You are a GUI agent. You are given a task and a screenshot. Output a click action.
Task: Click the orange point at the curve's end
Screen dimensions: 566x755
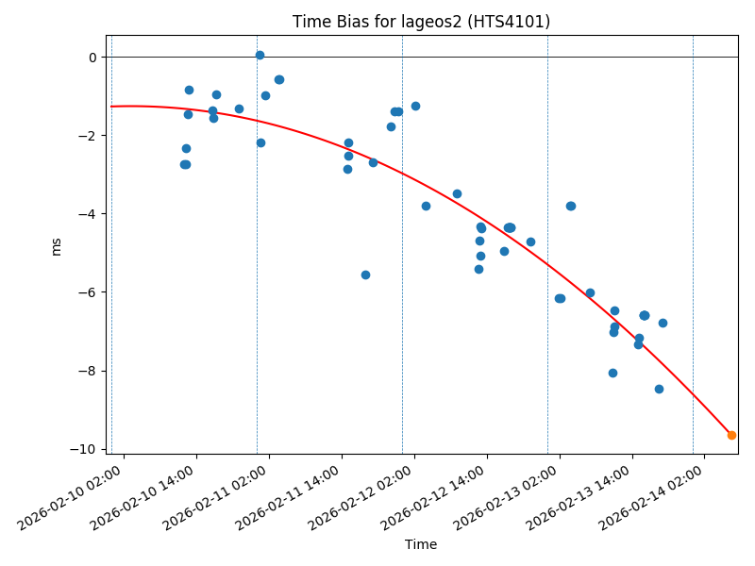pos(731,435)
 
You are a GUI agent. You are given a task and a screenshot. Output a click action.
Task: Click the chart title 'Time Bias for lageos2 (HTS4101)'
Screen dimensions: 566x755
pos(421,22)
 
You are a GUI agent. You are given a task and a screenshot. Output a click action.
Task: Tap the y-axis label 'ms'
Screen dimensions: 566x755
pos(56,245)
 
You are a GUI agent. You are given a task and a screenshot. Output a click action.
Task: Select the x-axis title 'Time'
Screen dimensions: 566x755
pos(421,544)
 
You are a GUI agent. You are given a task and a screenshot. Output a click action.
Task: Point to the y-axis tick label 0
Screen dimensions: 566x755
pos(92,58)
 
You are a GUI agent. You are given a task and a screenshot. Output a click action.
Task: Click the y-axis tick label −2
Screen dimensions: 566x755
pos(89,136)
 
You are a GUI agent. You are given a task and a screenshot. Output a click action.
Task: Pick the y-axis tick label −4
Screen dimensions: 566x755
pos(89,214)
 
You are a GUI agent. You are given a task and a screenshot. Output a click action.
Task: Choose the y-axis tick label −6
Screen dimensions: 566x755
pos(89,292)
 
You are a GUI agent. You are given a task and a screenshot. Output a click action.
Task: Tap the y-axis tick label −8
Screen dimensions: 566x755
pos(89,371)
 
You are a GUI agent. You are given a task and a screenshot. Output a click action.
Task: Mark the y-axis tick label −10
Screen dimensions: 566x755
pos(86,449)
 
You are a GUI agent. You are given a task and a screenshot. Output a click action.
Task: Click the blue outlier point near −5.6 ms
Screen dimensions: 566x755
pos(365,275)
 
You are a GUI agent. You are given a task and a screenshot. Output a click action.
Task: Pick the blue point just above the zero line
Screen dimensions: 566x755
pos(260,55)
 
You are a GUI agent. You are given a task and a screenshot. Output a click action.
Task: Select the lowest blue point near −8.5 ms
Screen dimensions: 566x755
pos(659,389)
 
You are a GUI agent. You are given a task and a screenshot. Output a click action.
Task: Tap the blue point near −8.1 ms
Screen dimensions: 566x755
pos(612,373)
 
